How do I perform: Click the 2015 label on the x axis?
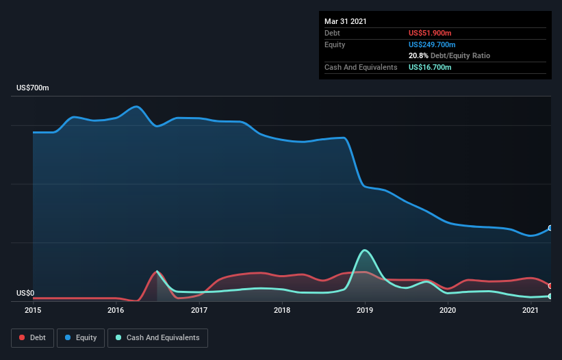(33, 310)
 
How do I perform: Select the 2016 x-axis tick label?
(116, 310)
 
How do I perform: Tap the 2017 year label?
(199, 310)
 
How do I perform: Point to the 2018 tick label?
(282, 310)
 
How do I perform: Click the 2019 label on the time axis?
(365, 310)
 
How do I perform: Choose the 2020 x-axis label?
(448, 310)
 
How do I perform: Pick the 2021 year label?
(531, 310)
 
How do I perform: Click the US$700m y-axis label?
(33, 88)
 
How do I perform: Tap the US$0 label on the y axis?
(25, 293)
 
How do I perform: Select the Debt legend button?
(33, 338)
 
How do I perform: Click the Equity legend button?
(81, 338)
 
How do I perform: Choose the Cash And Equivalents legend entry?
(157, 338)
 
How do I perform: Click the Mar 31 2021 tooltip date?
(346, 21)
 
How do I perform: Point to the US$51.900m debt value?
(430, 33)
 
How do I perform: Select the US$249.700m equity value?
(432, 44)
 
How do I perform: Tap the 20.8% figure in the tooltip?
(418, 55)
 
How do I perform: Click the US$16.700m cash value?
(430, 67)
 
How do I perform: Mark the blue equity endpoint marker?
(550, 228)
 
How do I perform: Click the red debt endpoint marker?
(550, 286)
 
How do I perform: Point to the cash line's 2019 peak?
(365, 250)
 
